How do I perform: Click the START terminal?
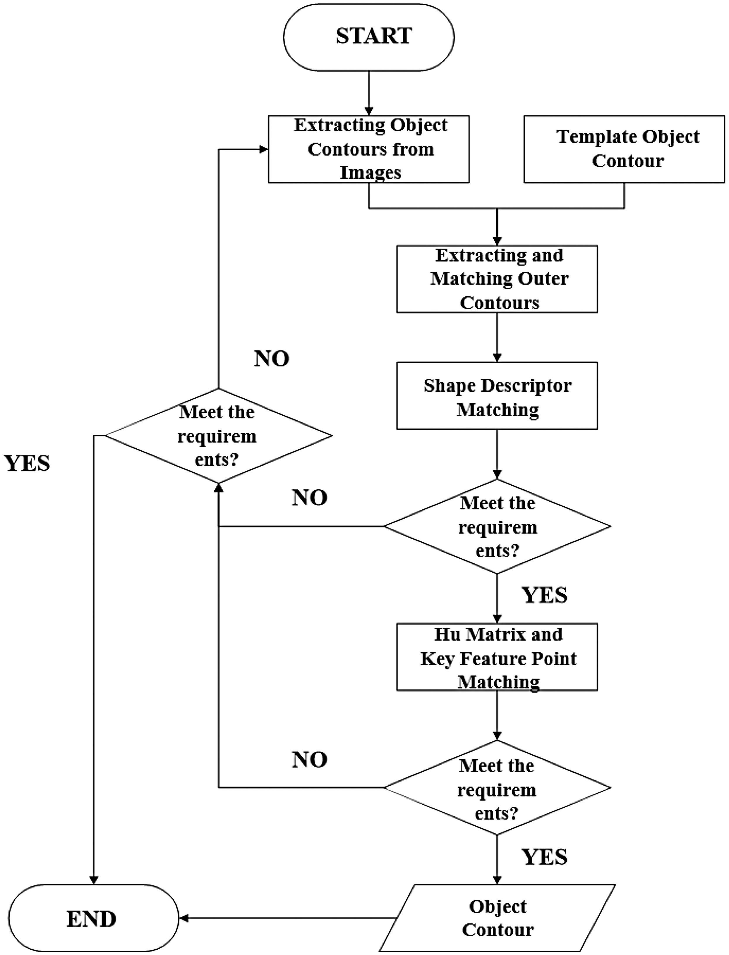(x=369, y=37)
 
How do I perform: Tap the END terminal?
(x=93, y=918)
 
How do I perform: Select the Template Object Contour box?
(x=624, y=149)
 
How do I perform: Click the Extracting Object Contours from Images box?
(x=369, y=149)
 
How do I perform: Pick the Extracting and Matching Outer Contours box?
(x=497, y=279)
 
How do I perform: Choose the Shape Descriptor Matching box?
(x=497, y=395)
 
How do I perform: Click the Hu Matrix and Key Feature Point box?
(x=497, y=657)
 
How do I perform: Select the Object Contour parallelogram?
(x=497, y=918)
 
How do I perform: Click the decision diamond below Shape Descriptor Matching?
(x=497, y=526)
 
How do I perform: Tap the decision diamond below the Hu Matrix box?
(x=497, y=787)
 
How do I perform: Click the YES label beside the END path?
(x=27, y=463)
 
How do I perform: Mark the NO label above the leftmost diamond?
(x=272, y=359)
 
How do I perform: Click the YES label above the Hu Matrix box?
(x=544, y=595)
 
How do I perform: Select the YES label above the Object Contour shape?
(x=544, y=856)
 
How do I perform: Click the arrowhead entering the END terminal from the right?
(x=183, y=918)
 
